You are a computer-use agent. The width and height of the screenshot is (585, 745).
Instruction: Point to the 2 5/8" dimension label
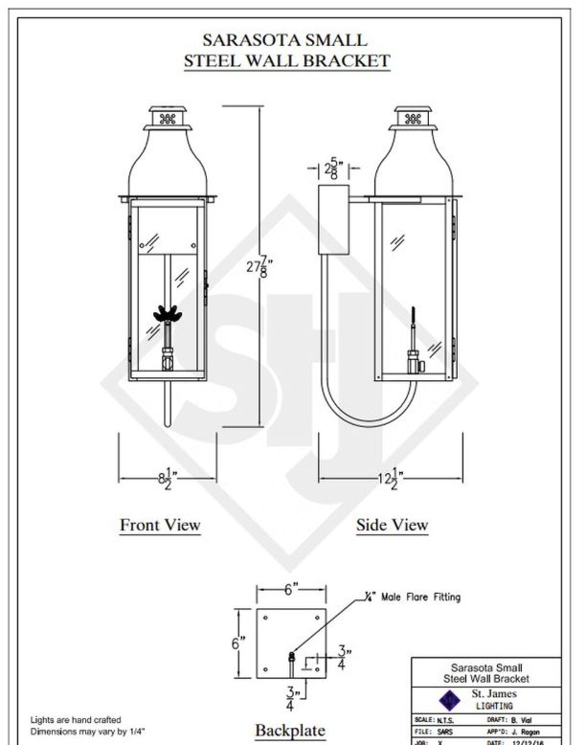(334, 169)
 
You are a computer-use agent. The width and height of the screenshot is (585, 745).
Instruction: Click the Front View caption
(160, 525)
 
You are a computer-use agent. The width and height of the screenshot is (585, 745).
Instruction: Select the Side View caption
(392, 525)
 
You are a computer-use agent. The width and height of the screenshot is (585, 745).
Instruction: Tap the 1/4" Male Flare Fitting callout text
(415, 597)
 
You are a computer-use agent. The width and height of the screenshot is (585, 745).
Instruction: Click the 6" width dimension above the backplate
(291, 590)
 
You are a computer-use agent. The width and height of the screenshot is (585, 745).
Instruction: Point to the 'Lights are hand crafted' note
(75, 719)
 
